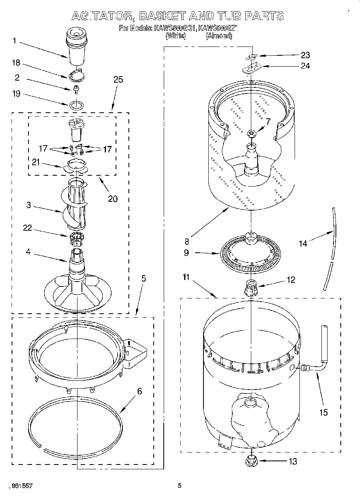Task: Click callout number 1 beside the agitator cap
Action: (x=14, y=40)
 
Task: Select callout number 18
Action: (x=16, y=63)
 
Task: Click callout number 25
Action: (x=118, y=79)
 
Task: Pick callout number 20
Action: (x=113, y=198)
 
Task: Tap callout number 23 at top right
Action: (x=305, y=55)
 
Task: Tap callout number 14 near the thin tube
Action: (x=303, y=243)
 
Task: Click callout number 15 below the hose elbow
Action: (x=323, y=412)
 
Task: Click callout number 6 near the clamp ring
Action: (x=140, y=392)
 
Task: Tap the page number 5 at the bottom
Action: (x=180, y=486)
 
